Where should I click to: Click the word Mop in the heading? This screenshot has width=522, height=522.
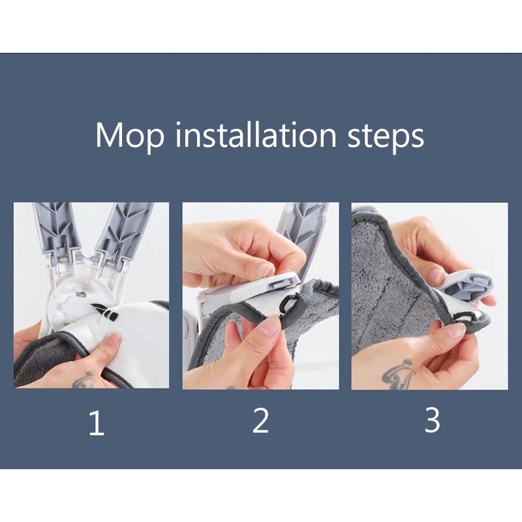pos(130,136)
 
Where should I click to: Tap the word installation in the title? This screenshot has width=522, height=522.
pos(256,134)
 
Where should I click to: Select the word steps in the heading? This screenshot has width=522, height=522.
pos(386,137)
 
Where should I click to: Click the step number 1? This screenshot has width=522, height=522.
pos(97,423)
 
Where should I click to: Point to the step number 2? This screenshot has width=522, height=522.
pos(260,420)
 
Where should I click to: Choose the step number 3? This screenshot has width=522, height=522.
pos(432,420)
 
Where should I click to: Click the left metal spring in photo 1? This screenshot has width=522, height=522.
pos(62,258)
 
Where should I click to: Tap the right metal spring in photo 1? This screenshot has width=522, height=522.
pos(109,265)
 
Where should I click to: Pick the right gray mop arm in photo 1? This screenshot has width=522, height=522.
pos(124,230)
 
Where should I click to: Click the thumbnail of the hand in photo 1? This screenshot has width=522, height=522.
pos(114,338)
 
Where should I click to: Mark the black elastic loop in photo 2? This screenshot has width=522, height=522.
pos(287,303)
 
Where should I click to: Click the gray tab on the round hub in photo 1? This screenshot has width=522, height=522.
pos(80,294)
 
